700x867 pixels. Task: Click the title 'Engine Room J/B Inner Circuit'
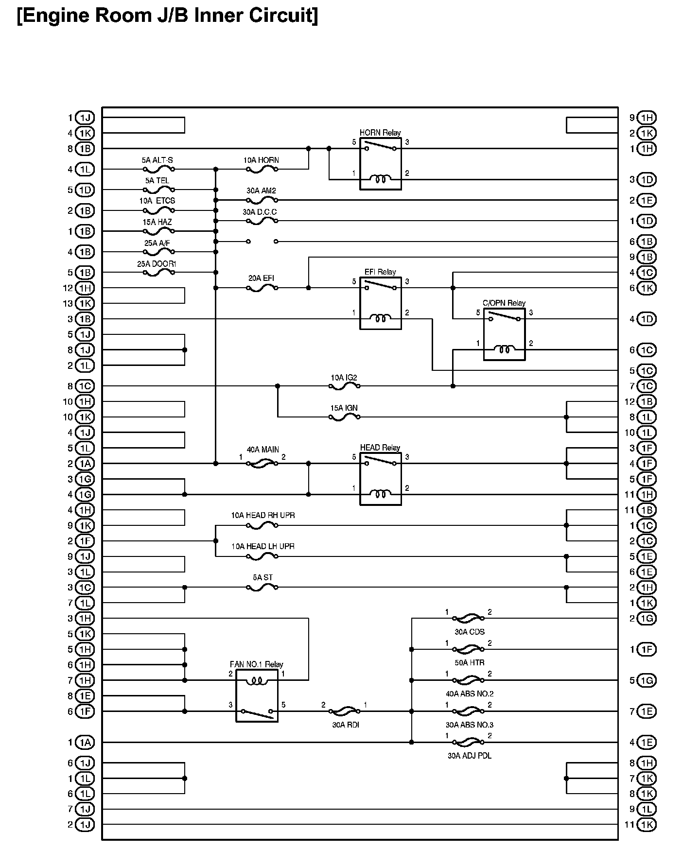(x=168, y=16)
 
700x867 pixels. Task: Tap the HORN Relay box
(x=380, y=164)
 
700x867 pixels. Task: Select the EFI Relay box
(x=380, y=303)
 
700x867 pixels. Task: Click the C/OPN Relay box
(x=504, y=334)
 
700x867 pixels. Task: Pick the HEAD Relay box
(x=380, y=479)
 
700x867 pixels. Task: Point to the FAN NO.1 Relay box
(x=257, y=695)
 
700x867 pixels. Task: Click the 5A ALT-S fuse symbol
(x=158, y=169)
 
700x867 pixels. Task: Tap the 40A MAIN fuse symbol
(x=262, y=464)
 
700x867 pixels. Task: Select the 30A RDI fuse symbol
(x=344, y=711)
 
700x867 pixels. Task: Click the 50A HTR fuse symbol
(x=468, y=649)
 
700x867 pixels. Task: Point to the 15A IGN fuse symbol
(x=344, y=417)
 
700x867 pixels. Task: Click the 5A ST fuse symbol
(x=262, y=587)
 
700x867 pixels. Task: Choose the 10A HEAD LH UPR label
(x=262, y=546)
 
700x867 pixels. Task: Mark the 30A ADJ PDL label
(x=469, y=756)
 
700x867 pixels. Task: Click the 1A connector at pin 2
(x=85, y=464)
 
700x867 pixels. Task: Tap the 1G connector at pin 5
(x=647, y=680)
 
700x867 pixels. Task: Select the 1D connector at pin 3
(x=647, y=180)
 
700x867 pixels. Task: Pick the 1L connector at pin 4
(x=85, y=169)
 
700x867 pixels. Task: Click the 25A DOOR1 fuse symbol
(x=158, y=273)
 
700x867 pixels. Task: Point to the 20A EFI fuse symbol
(x=262, y=288)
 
